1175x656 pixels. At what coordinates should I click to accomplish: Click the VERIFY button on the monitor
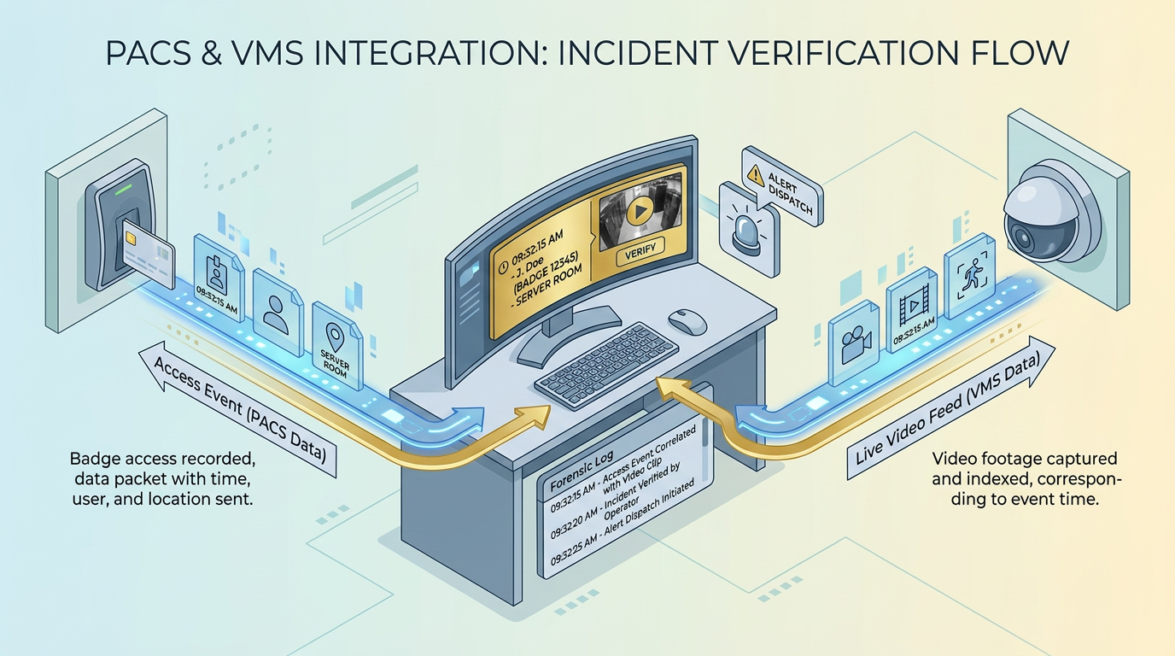pos(640,251)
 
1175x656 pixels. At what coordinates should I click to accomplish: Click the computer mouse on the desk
pos(687,321)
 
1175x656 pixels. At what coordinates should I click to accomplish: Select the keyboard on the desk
pos(606,366)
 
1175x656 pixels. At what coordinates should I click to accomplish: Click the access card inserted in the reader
pos(148,254)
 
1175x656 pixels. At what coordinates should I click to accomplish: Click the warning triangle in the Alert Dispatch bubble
pos(756,175)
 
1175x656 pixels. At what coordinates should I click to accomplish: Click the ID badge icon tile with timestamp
pos(219,278)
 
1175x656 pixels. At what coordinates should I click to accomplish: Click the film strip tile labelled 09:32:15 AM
pos(912,310)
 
